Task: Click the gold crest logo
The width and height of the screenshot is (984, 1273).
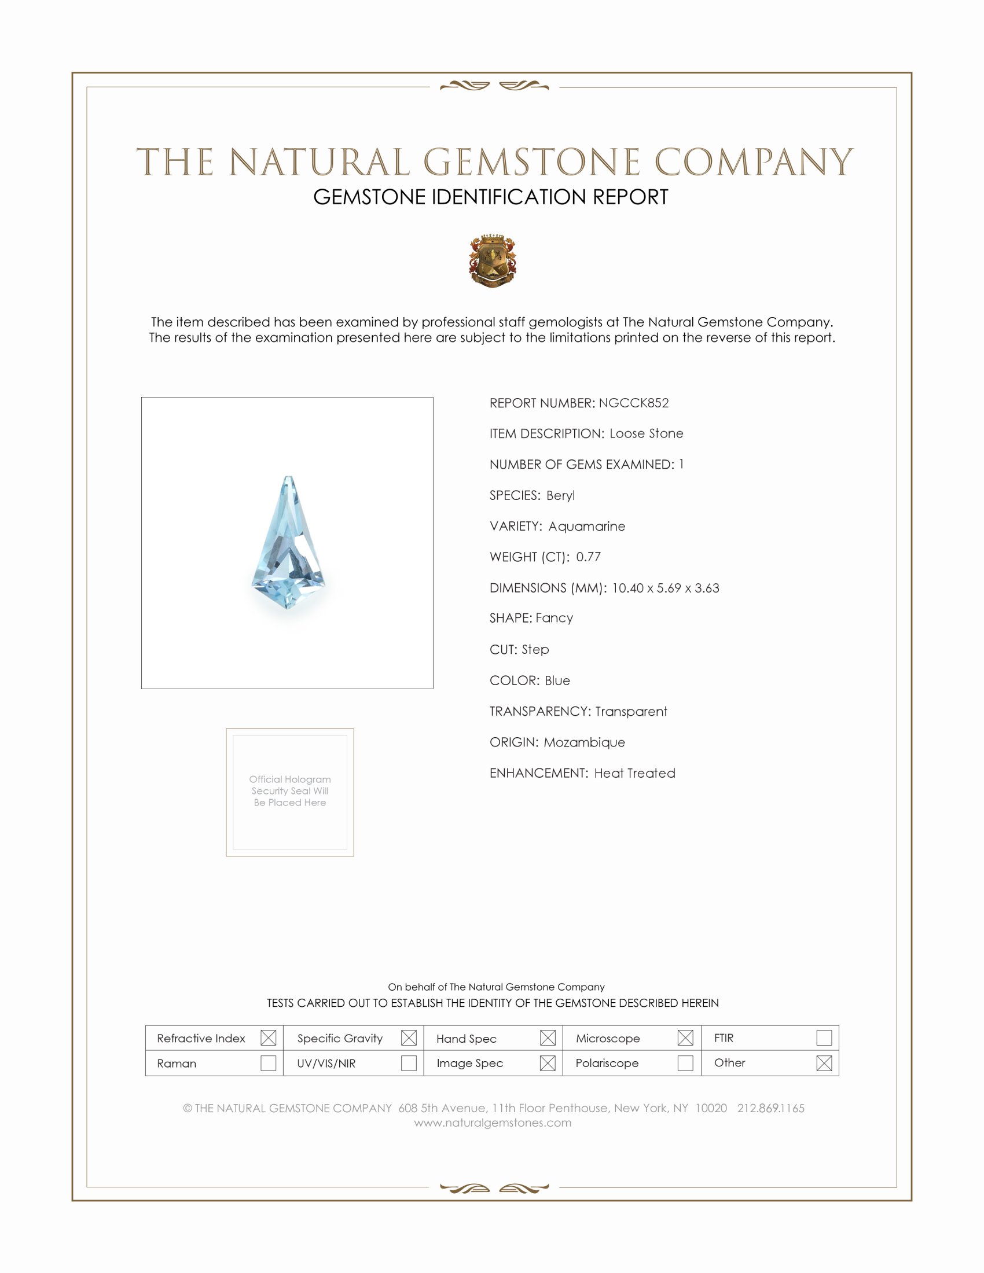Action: (493, 260)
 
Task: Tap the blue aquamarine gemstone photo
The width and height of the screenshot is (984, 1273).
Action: (288, 543)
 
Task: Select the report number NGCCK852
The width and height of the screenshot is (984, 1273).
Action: (634, 403)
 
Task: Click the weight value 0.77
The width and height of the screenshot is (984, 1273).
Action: (588, 557)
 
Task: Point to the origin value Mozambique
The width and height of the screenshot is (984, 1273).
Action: (584, 742)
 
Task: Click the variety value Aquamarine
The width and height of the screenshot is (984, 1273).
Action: (586, 527)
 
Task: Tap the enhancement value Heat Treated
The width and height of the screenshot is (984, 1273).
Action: (634, 773)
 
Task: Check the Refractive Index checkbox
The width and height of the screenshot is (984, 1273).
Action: (268, 1037)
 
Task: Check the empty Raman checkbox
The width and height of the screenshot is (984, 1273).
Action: (268, 1063)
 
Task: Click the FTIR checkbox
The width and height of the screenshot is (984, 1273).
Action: (824, 1037)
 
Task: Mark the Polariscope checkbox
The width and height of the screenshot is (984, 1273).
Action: (685, 1063)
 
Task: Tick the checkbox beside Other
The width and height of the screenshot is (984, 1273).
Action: (824, 1063)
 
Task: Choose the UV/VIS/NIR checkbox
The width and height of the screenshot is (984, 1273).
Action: (409, 1063)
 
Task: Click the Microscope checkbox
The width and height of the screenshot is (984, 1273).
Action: (685, 1037)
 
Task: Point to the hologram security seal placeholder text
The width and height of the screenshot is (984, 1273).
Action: (290, 790)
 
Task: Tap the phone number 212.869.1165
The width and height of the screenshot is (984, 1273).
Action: (770, 1108)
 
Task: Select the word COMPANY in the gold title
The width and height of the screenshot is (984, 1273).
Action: (753, 162)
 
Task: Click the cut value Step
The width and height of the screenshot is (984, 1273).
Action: (535, 649)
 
